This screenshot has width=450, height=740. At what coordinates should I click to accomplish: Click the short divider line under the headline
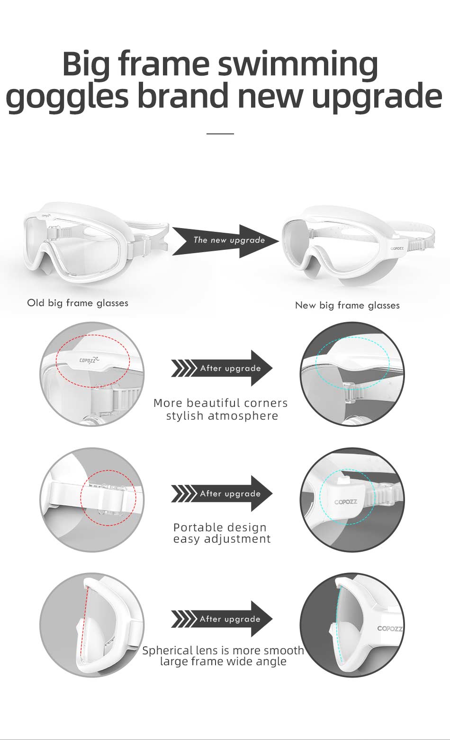point(220,134)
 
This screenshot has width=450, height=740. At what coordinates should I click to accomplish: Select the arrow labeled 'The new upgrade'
point(225,241)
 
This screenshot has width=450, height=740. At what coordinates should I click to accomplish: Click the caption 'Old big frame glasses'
point(78,303)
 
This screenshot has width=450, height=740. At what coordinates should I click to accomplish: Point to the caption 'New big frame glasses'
point(347,305)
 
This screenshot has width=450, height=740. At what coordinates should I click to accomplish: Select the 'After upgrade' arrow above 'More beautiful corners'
point(222,368)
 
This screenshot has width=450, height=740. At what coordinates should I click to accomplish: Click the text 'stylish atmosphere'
point(222,416)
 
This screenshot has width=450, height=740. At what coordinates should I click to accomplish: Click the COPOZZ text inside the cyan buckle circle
point(346,502)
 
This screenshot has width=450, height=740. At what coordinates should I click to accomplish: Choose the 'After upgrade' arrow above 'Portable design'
point(222,493)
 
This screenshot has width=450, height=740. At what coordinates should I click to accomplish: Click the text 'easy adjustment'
point(222,539)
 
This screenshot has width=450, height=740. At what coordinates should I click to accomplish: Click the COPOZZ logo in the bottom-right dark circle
point(390,628)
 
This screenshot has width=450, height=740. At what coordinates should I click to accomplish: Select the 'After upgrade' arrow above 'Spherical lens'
point(222,619)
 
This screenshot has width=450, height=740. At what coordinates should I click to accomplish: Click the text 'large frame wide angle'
point(223,661)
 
